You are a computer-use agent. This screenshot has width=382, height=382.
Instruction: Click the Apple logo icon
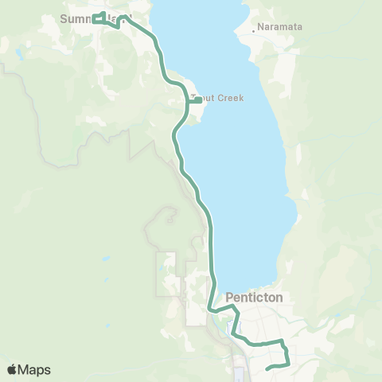pos(14,369)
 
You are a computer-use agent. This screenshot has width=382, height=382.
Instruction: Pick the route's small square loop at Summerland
pos(99,18)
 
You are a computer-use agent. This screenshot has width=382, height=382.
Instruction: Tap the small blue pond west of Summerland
pos(18,54)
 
